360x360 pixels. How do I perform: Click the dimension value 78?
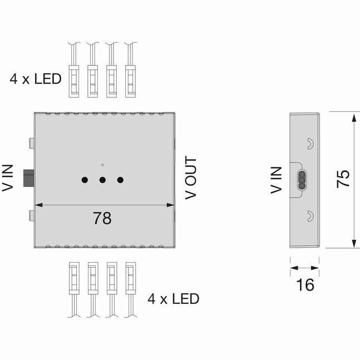(102, 218)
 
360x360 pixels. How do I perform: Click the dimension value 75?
(343, 179)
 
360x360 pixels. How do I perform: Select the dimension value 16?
(305, 285)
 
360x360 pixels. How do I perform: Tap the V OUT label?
(191, 177)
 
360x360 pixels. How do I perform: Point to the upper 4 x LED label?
(36, 79)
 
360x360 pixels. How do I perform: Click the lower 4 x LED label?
(174, 299)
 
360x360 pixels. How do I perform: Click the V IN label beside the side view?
(276, 180)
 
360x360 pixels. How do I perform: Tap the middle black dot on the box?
(102, 180)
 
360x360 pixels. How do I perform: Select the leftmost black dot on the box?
(85, 180)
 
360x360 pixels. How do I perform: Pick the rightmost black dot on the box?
(120, 180)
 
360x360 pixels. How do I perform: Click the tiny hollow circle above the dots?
(102, 165)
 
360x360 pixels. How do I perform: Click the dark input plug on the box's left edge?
(29, 178)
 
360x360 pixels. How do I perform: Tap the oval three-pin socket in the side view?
(302, 180)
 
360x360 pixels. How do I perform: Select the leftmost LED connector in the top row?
(74, 81)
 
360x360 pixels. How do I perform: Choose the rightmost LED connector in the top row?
(130, 81)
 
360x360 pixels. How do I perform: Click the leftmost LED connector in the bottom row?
(74, 278)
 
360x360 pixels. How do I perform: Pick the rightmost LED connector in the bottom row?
(131, 278)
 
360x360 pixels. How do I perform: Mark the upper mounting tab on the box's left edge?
(32, 143)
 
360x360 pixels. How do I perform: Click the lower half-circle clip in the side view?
(310, 216)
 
